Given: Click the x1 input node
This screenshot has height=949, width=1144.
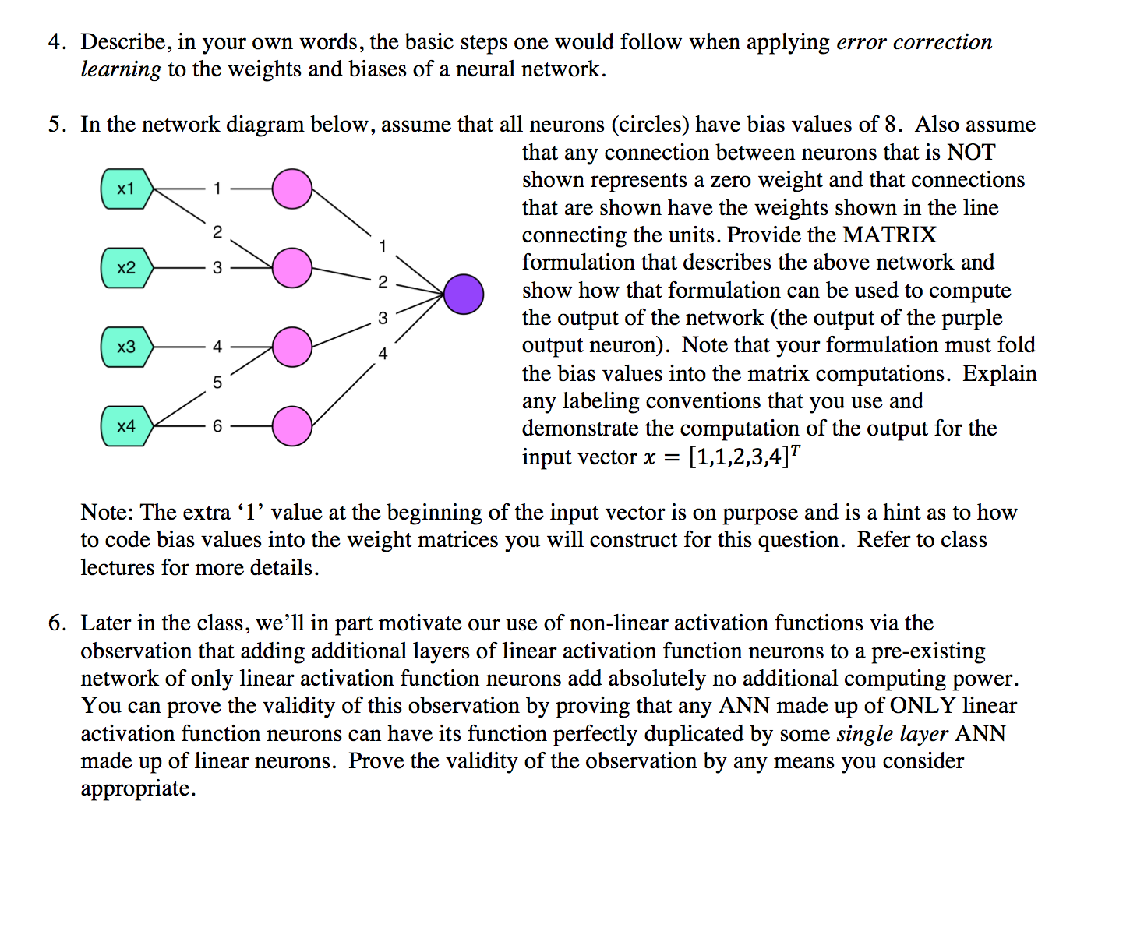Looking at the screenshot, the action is coord(126,189).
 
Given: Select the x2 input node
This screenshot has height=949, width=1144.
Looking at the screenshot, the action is coord(126,268).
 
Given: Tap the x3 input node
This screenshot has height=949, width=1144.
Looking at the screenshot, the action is coord(126,347).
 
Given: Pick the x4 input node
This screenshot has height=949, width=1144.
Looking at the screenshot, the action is coord(126,426).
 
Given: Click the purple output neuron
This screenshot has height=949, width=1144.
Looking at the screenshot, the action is coord(464,295).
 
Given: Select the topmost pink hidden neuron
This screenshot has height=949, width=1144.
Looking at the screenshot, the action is coord(292,189).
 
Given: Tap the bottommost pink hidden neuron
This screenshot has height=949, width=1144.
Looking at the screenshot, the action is coord(292,426).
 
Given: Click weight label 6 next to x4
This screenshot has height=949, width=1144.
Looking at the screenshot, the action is coord(217,426).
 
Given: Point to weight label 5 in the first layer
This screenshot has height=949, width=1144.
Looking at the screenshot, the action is coord(217,383).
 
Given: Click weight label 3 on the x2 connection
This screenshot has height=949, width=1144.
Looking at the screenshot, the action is coord(217,268).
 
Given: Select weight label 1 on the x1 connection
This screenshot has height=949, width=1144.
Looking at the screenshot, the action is coord(217,189).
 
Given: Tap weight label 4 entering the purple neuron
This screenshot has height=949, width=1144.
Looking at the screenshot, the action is coord(383,354).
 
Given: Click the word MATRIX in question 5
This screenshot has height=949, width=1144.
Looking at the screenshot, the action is coord(890,235).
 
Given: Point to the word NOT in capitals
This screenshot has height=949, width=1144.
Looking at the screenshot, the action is coord(972,152).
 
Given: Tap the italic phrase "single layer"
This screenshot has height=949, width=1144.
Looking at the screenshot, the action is coord(892,734).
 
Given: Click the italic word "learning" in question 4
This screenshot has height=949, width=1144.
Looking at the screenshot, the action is coord(121,70).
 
